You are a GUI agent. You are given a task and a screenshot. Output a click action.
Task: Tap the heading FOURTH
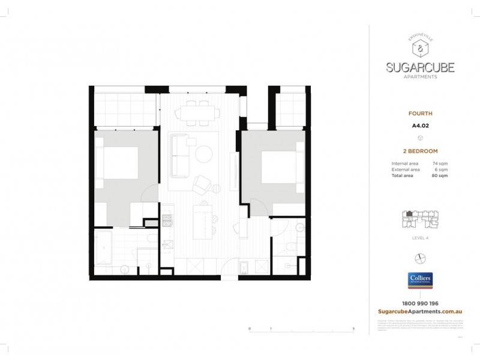[421, 112]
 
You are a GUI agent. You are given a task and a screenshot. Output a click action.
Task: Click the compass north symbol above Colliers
[421, 257]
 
